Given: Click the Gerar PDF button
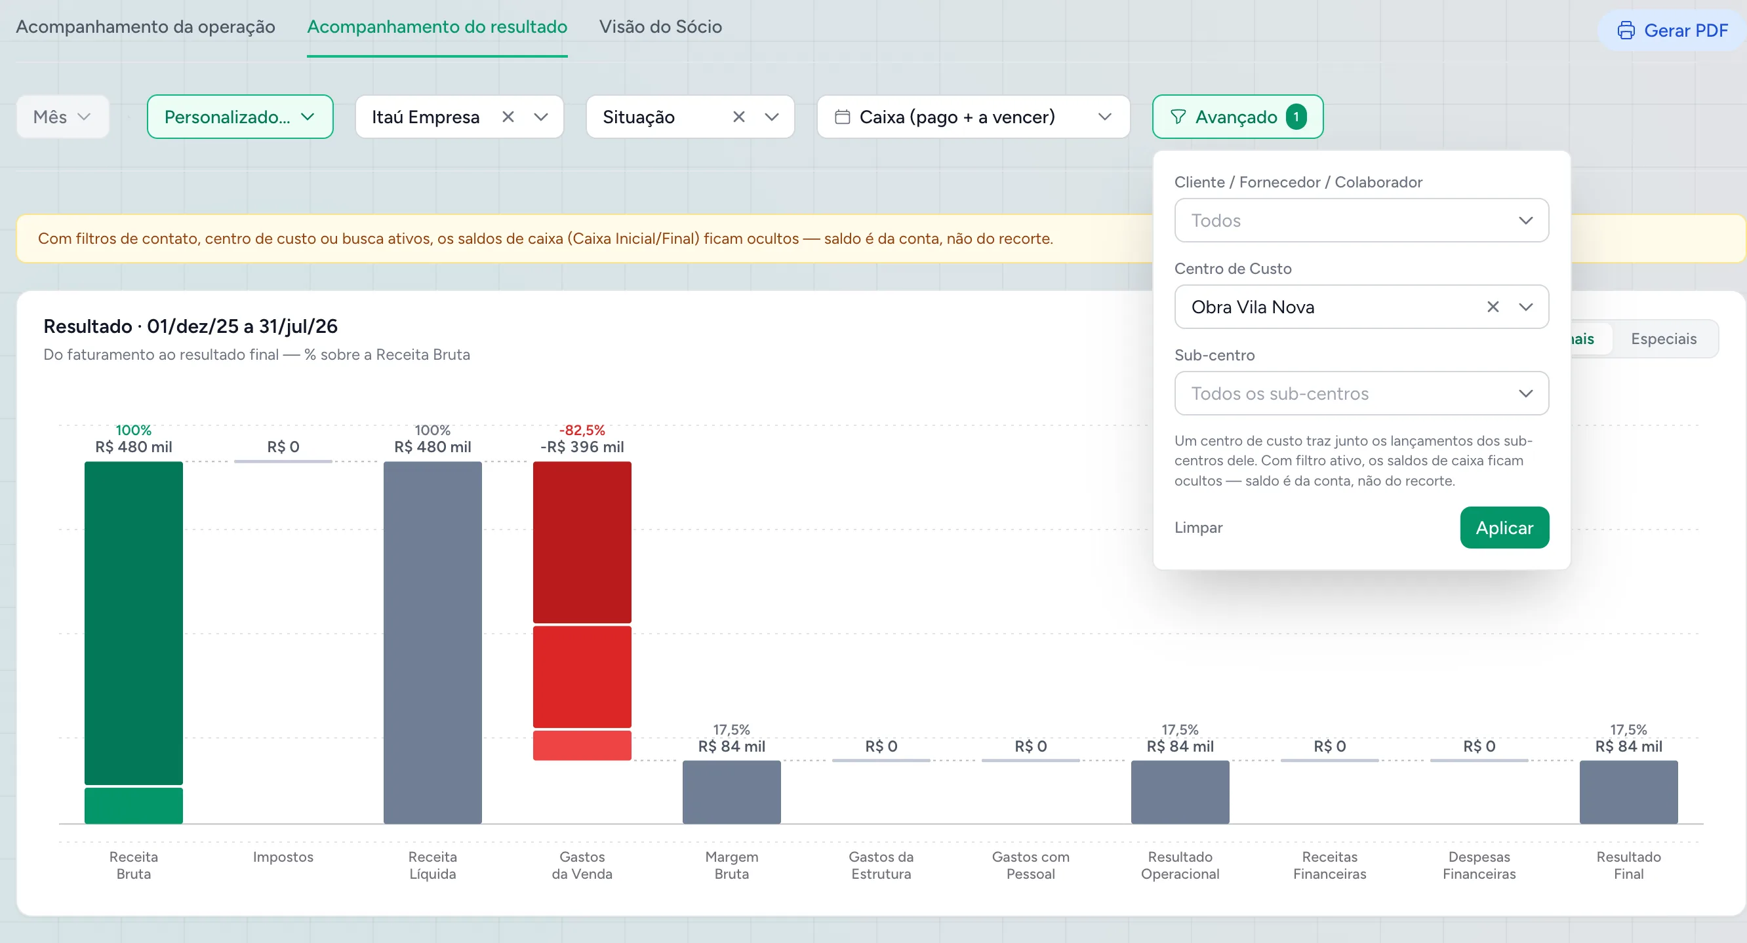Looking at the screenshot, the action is click(1672, 31).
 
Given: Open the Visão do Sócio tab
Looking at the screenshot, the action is click(660, 27).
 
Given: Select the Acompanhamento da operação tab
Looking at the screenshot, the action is click(145, 27).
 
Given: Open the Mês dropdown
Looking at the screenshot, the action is click(62, 117).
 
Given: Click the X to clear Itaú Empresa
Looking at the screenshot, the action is click(508, 117).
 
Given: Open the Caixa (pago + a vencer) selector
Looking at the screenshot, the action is click(973, 117).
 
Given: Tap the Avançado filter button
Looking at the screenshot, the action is click(1237, 117).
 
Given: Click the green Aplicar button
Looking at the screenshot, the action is click(1504, 528).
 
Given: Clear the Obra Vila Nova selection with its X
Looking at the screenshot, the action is click(1493, 307).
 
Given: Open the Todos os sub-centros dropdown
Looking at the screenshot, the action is click(1361, 393).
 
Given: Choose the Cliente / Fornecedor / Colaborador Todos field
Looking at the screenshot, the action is click(1361, 220).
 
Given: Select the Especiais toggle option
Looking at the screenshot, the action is click(1664, 339).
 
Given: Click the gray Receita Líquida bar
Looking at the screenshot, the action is click(433, 643).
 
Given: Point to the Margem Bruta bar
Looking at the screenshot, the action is click(732, 792).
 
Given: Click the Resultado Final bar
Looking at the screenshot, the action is click(1628, 792).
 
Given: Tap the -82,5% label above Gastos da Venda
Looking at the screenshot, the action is click(582, 430).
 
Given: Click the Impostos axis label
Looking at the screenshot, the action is click(283, 857).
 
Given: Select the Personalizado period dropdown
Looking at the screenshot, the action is click(240, 117).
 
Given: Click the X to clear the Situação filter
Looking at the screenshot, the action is click(739, 117).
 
